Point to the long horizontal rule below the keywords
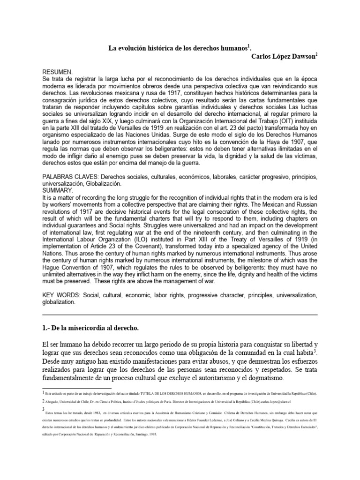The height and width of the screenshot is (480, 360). (x=180, y=315)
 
